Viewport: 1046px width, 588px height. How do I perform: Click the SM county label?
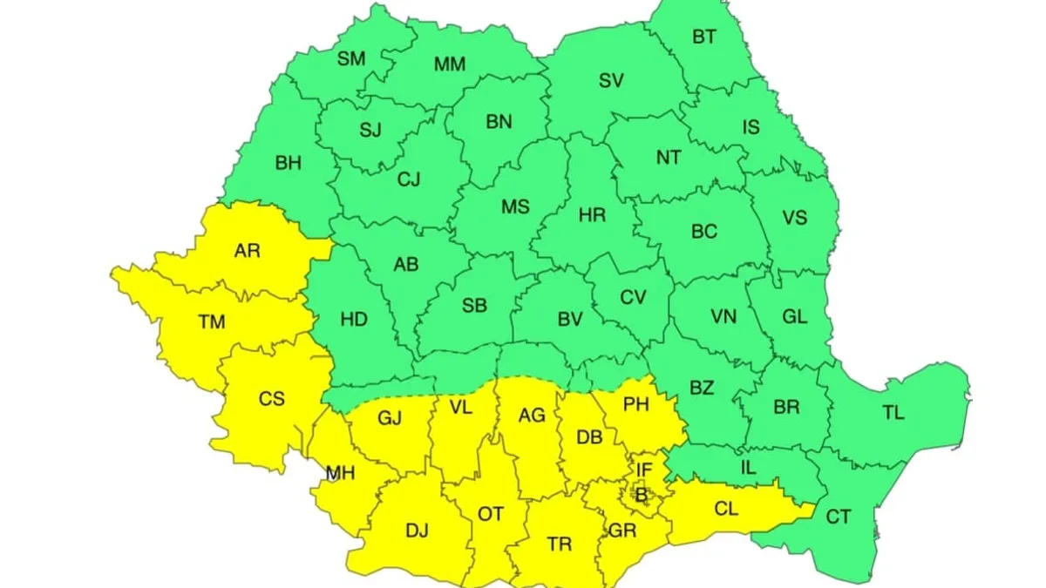click(352, 59)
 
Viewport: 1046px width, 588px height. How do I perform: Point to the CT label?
click(838, 517)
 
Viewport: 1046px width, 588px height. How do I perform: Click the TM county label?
click(211, 322)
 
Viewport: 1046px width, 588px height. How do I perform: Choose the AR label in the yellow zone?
click(248, 252)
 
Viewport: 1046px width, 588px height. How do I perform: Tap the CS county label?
click(271, 399)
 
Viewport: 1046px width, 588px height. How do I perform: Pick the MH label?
click(340, 473)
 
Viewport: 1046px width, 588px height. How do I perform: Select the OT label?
click(491, 514)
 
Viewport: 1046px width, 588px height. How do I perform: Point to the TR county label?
click(559, 544)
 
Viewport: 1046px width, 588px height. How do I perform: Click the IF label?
click(643, 470)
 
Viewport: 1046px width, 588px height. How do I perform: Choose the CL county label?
click(726, 508)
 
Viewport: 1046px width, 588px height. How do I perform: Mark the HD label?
click(354, 320)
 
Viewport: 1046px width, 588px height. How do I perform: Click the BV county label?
click(569, 320)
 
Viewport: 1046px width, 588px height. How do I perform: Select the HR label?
click(592, 215)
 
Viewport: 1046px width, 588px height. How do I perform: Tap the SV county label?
click(611, 81)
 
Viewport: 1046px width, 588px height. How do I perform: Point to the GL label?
click(794, 316)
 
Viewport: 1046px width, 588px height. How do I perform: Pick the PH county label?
click(637, 404)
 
